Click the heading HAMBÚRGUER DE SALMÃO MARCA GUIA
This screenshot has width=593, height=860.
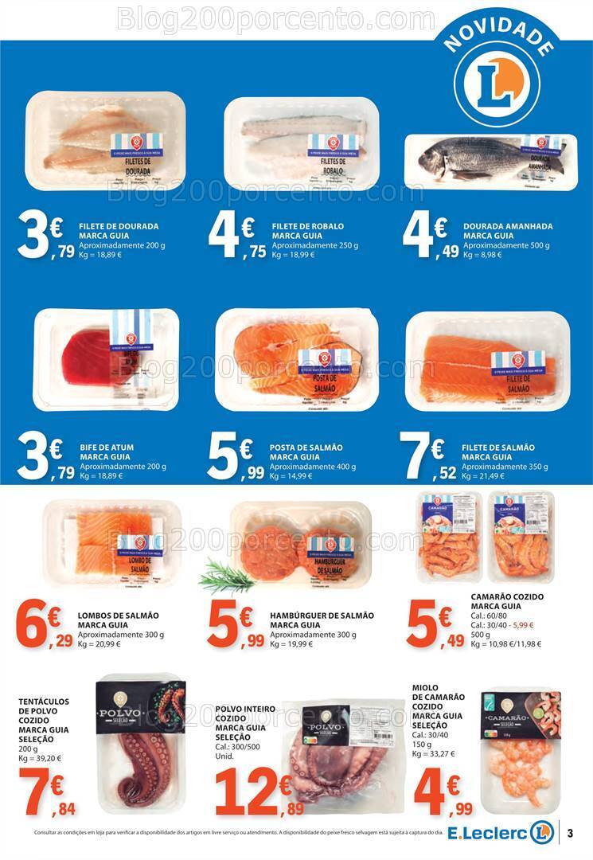[322, 620]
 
